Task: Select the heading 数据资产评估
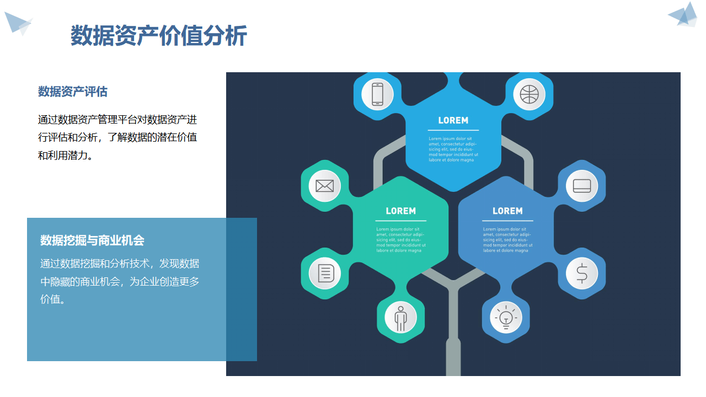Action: tap(72, 92)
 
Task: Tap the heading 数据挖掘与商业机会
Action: tap(92, 240)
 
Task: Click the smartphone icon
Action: tap(377, 94)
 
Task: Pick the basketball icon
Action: tap(529, 94)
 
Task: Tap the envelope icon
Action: tap(324, 186)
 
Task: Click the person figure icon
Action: tap(400, 318)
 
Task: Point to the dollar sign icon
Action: tap(581, 273)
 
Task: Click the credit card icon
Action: tap(581, 186)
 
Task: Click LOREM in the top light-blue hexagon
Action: tap(453, 120)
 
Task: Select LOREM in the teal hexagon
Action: tap(400, 211)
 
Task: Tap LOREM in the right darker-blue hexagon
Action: tap(507, 211)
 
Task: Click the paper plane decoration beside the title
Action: tap(18, 23)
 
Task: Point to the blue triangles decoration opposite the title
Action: tap(683, 15)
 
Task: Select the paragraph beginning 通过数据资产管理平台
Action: tap(117, 137)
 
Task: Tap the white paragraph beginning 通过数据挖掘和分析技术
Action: tap(120, 282)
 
